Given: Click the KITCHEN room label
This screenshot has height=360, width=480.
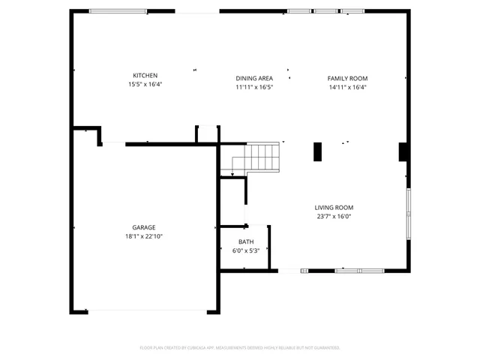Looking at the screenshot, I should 145,76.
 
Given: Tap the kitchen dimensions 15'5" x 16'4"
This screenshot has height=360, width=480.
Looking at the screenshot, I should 145,85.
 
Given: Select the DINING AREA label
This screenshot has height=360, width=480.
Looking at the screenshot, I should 253,78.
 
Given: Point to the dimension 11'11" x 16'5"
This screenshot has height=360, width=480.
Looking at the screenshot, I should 253,87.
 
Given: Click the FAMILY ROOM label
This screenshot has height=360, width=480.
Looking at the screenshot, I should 347,78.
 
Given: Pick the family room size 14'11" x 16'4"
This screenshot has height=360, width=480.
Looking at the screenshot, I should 347,87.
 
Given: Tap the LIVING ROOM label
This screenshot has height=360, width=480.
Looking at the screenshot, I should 334,208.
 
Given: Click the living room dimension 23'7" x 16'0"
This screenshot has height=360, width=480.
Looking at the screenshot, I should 334,217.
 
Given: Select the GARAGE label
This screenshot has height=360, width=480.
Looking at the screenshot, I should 144,227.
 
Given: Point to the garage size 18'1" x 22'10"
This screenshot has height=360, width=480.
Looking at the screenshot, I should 144,236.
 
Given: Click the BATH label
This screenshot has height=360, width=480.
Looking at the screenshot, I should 246,241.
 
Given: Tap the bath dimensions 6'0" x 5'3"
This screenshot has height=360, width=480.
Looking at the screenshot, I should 246,250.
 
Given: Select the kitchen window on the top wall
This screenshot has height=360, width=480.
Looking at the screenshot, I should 118,11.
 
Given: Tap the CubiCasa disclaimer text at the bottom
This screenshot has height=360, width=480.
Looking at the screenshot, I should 240,347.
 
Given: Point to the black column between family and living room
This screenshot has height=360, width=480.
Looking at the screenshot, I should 318,151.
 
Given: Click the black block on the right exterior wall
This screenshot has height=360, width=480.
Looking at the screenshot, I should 403,151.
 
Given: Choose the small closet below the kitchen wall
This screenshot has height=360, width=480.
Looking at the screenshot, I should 207,134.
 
